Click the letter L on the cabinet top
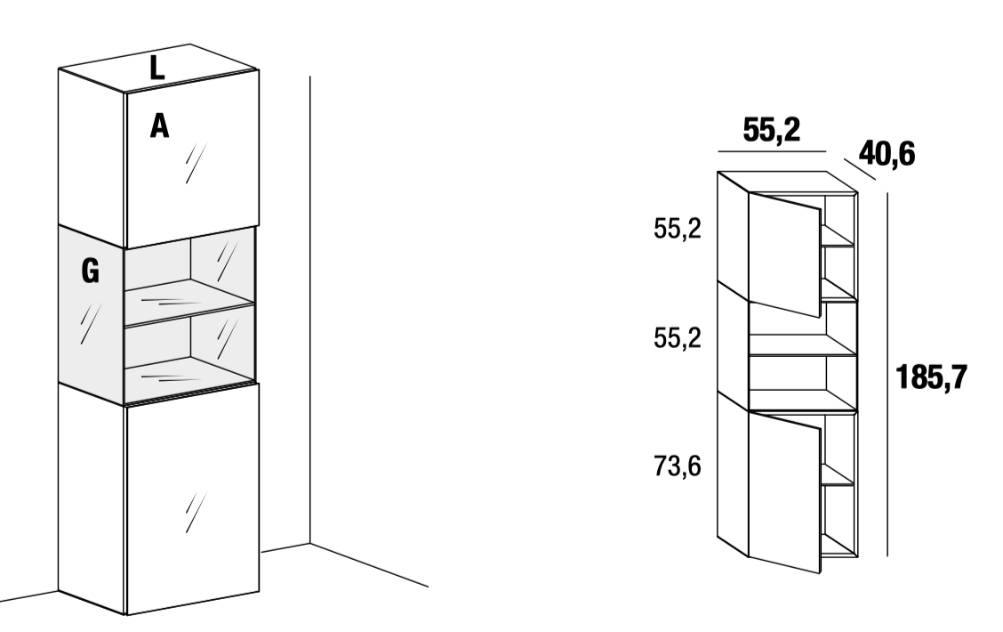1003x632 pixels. [x=156, y=68]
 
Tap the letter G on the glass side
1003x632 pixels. [x=90, y=271]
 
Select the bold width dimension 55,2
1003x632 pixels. [x=772, y=131]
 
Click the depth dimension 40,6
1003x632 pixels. [x=887, y=154]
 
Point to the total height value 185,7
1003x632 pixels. [x=931, y=377]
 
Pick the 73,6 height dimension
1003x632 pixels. [x=678, y=466]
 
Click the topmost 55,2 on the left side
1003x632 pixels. [x=678, y=229]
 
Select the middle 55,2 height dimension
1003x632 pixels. [x=678, y=338]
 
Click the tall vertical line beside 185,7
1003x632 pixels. [x=887, y=374]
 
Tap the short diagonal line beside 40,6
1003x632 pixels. [x=859, y=169]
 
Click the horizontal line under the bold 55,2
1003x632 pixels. [x=772, y=151]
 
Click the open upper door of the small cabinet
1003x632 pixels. [x=784, y=255]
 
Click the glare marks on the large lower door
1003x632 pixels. [x=196, y=512]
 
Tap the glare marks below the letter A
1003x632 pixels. [x=196, y=163]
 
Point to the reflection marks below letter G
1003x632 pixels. [x=91, y=323]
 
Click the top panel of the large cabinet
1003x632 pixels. [x=158, y=68]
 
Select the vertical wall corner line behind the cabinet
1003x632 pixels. [x=310, y=310]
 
